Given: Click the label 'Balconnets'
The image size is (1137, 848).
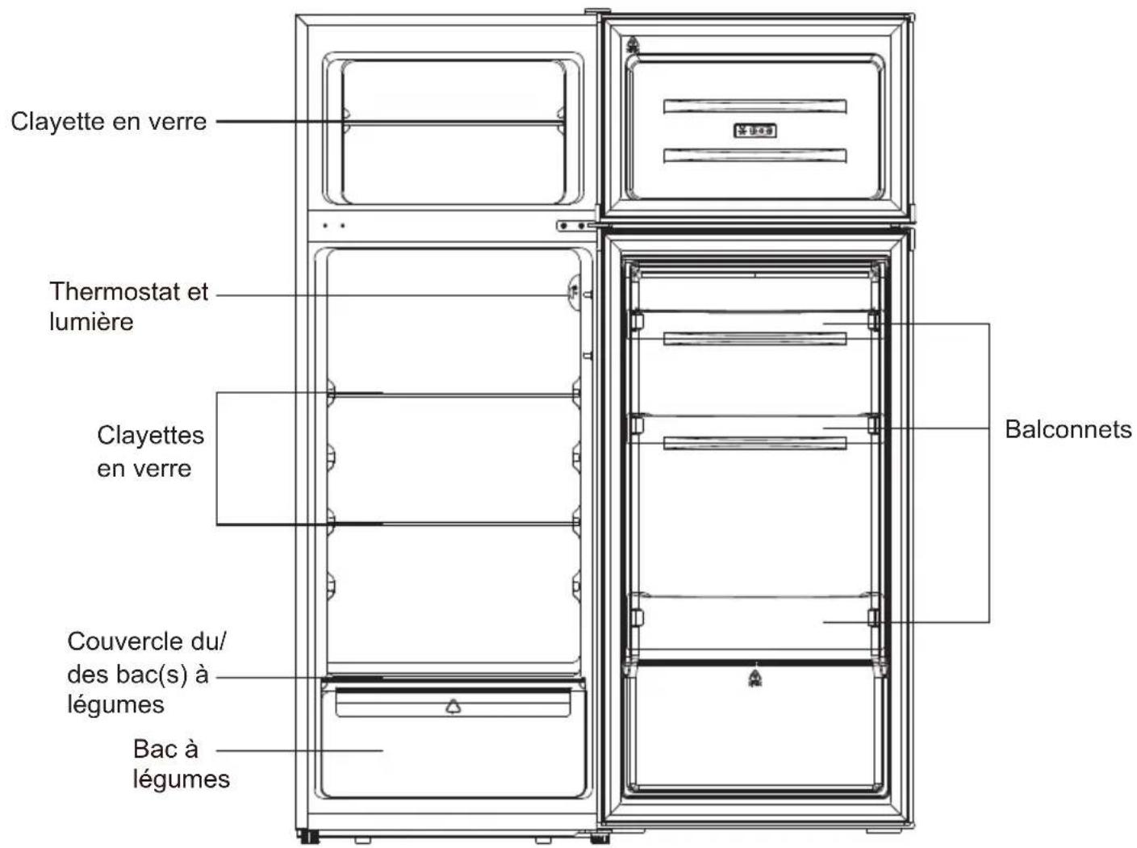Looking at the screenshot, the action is pos(1068,429).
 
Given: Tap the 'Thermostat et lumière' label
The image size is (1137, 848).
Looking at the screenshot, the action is pos(128,307).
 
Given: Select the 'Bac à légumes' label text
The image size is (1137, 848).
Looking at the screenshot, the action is pos(181,763).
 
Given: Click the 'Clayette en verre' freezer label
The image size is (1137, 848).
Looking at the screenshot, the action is pos(109,122).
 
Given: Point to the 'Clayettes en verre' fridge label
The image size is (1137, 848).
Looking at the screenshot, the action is pos(150,452).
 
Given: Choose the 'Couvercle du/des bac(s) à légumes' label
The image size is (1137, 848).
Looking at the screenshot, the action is pos(147,673).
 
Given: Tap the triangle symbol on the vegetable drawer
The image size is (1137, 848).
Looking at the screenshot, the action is pos(454,706).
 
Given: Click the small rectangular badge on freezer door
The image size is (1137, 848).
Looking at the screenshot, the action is pos(755,130).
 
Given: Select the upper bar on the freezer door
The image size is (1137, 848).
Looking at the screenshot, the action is pos(755,107).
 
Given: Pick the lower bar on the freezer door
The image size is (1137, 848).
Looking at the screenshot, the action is pos(755,155).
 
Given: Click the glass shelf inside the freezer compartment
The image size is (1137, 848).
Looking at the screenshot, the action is pos(454,123).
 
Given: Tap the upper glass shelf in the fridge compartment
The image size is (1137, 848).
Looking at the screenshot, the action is pos(454,395).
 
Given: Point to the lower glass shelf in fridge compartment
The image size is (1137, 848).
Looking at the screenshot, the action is pos(454,524).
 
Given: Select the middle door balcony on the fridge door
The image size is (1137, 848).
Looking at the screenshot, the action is pos(755,429).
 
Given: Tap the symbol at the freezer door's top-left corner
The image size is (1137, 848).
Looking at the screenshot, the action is pos(632,45).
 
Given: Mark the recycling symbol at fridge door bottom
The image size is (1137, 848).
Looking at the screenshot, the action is pos(755,678).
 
